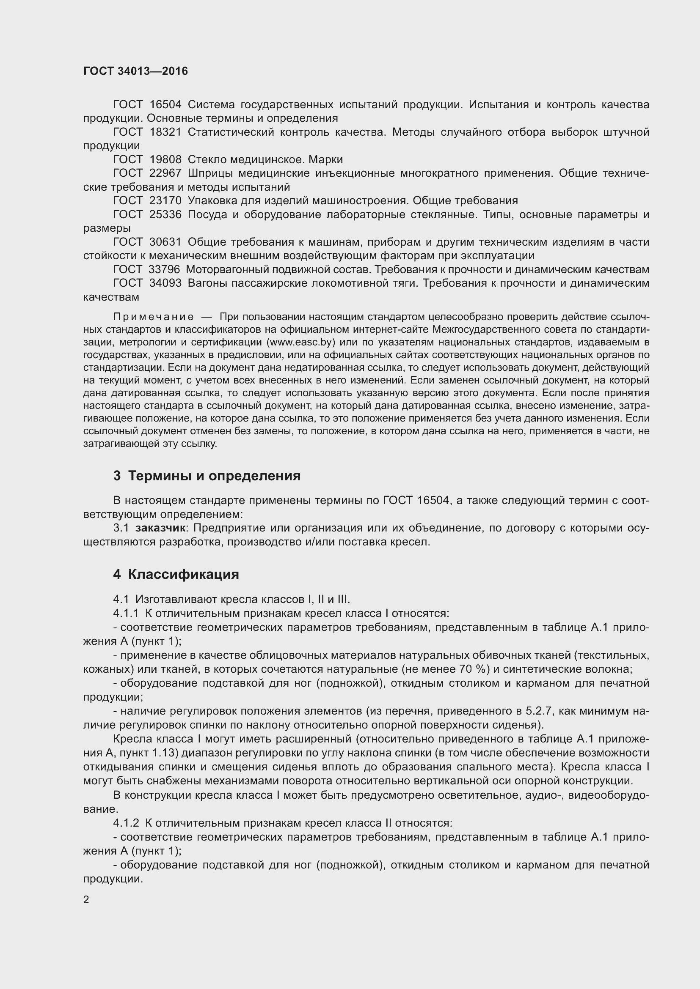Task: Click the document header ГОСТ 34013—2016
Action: point(135,71)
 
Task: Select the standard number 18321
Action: point(165,132)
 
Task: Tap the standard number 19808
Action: point(165,159)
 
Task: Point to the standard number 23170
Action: point(165,200)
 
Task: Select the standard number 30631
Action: point(165,242)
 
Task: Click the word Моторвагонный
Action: point(223,270)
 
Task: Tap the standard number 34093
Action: point(165,283)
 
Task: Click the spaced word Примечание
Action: point(154,317)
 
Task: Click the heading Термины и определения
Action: point(214,476)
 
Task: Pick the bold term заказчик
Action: point(160,528)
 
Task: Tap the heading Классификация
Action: point(184,575)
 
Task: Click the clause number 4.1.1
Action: point(126,614)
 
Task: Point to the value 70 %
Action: point(470,669)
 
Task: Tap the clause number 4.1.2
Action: point(126,823)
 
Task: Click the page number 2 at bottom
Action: point(86,900)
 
